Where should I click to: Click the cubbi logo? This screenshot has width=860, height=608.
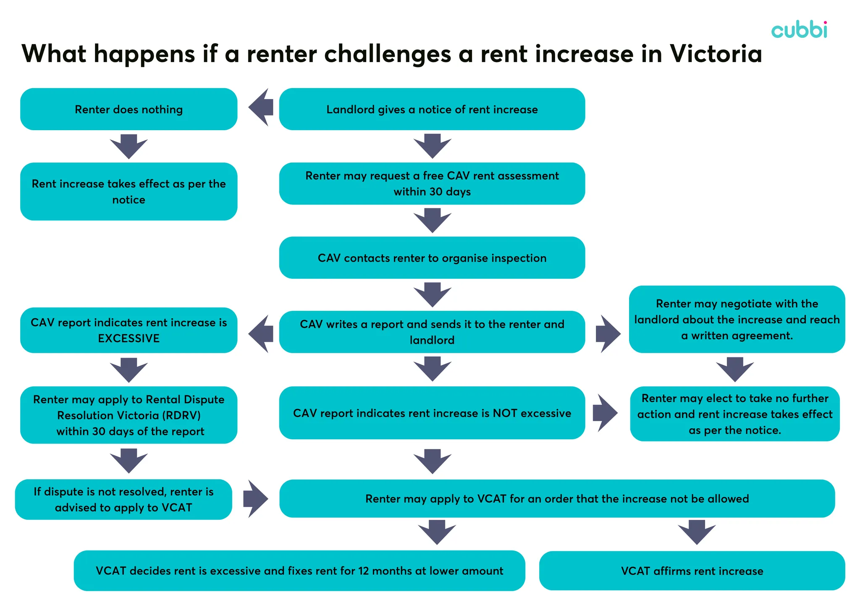click(799, 30)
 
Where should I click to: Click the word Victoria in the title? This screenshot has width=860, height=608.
click(716, 54)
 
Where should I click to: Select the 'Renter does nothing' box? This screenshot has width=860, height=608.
click(128, 109)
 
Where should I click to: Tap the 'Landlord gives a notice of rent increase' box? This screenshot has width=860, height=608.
click(432, 109)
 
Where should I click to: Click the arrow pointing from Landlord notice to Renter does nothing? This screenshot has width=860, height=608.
click(261, 107)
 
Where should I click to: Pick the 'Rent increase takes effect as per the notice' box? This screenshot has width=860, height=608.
click(128, 191)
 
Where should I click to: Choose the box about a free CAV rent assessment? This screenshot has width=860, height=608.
click(432, 183)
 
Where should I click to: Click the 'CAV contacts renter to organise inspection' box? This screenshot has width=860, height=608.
click(432, 258)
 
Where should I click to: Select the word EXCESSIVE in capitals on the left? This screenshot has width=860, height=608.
click(128, 338)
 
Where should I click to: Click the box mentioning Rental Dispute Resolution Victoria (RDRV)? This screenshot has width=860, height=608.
click(128, 415)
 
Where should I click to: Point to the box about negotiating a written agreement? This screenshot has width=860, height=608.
click(737, 320)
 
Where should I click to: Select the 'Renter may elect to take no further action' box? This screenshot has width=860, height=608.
click(734, 414)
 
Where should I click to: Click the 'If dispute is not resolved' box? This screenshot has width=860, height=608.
click(123, 500)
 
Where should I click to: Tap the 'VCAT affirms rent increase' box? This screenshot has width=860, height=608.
click(692, 571)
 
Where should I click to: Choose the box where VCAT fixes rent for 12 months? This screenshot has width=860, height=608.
click(299, 571)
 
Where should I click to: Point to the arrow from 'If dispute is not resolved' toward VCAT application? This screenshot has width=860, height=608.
click(255, 499)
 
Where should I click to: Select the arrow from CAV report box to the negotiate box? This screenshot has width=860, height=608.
click(608, 334)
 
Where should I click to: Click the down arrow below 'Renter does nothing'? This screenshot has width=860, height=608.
click(128, 146)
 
